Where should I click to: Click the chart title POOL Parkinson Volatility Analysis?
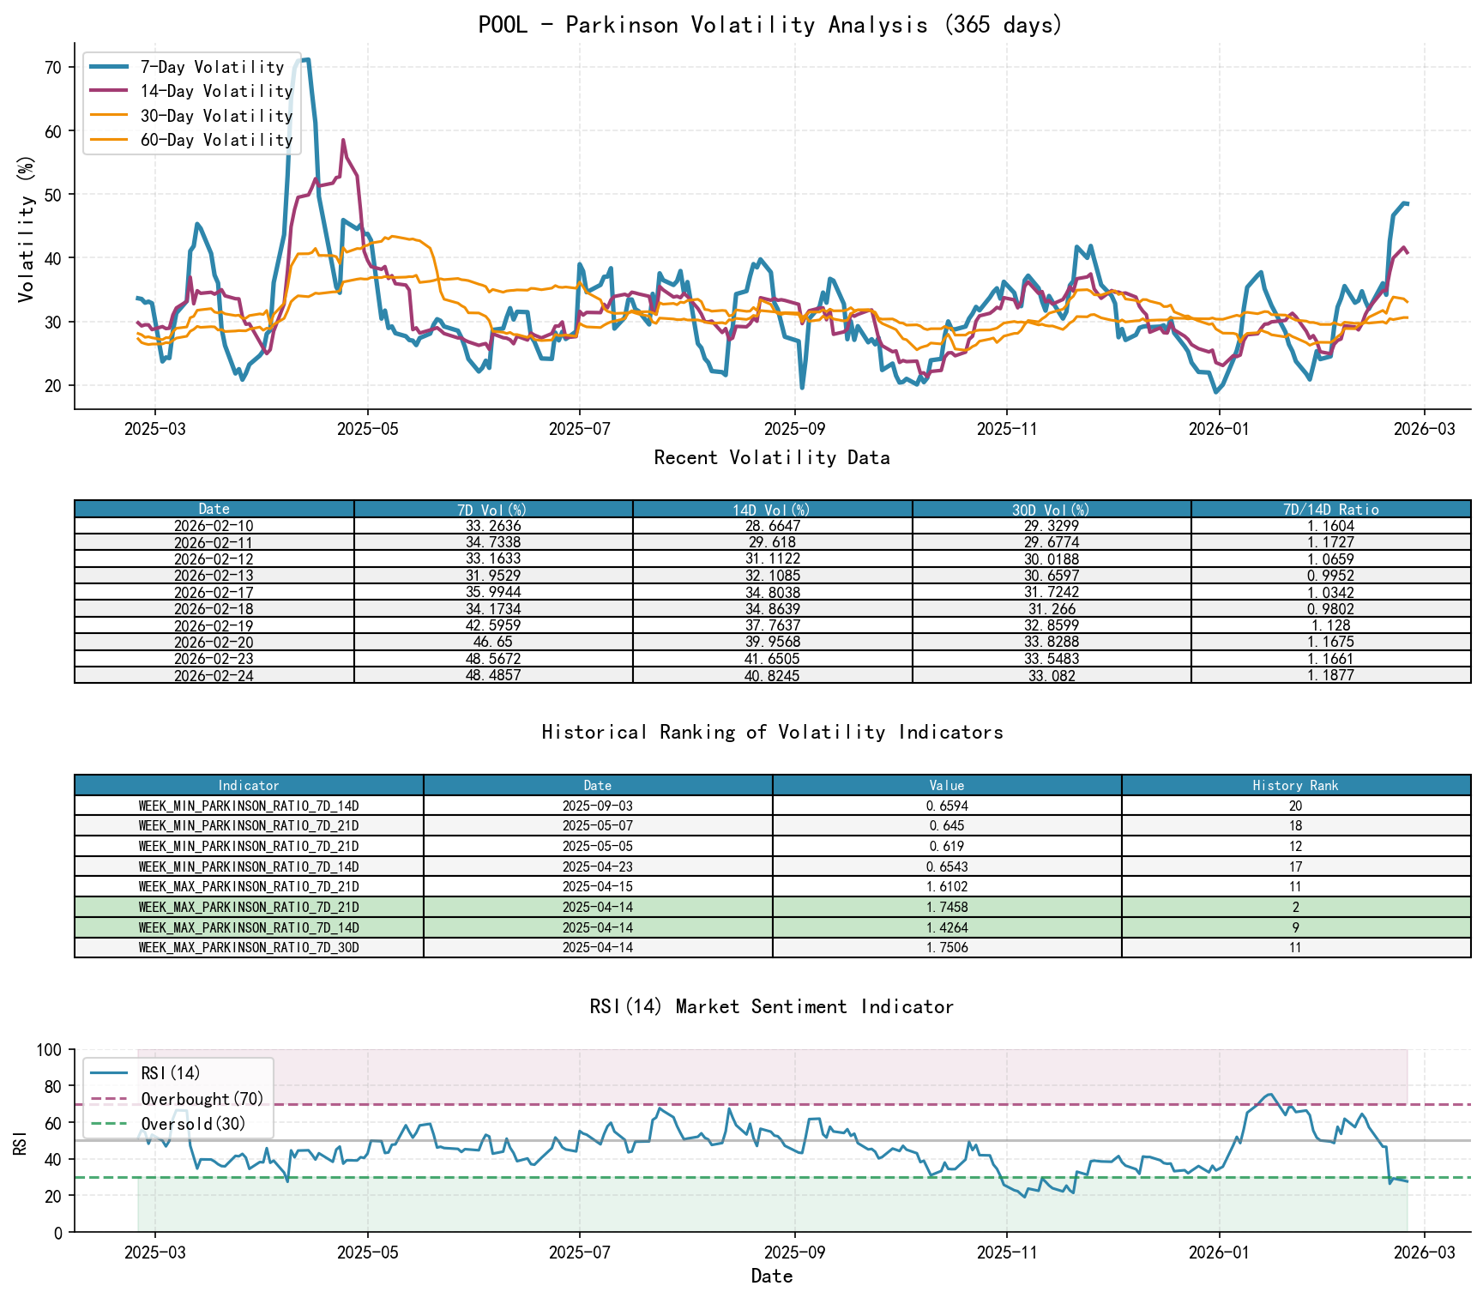pyautogui.click(x=770, y=25)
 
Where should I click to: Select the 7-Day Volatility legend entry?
pyautogui.click(x=212, y=67)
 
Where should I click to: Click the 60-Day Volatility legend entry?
pyautogui.click(x=216, y=140)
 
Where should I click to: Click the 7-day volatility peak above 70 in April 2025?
pyautogui.click(x=304, y=60)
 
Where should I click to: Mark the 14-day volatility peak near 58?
pyautogui.click(x=343, y=141)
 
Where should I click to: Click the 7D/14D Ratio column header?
pyautogui.click(x=1330, y=510)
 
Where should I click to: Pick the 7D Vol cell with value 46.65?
pyautogui.click(x=493, y=642)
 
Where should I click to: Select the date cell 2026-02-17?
pyautogui.click(x=214, y=592)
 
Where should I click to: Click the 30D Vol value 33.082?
pyautogui.click(x=1052, y=675)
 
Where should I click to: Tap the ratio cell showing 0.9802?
pyautogui.click(x=1330, y=609)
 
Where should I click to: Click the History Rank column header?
pyautogui.click(x=1295, y=785)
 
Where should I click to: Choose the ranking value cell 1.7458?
pyautogui.click(x=947, y=907)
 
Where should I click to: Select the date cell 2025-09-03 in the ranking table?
pyautogui.click(x=597, y=806)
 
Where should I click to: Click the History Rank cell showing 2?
pyautogui.click(x=1295, y=907)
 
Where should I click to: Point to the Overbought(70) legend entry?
pyautogui.click(x=202, y=1099)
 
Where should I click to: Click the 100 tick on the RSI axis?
pyautogui.click(x=50, y=1050)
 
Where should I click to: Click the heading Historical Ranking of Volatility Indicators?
pyautogui.click(x=772, y=732)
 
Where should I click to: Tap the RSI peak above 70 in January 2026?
pyautogui.click(x=1269, y=1094)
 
